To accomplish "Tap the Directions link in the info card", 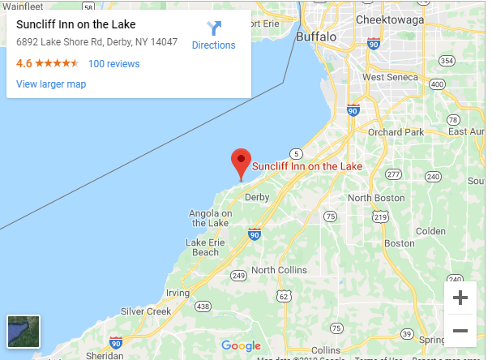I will [x=213, y=36].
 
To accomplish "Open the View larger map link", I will [x=51, y=84].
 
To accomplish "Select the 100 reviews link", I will [x=113, y=64].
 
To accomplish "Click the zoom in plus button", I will [x=460, y=298].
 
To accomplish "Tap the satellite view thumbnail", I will [x=23, y=331].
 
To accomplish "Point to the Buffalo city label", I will [x=315, y=37].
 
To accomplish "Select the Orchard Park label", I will [x=395, y=131].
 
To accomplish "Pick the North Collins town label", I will [x=279, y=270].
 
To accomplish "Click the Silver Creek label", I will [x=146, y=311].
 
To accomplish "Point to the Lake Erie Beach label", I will [x=203, y=247].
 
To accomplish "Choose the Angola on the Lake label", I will [x=210, y=218].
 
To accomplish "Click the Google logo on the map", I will [x=241, y=346].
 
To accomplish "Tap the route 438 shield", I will [x=203, y=306].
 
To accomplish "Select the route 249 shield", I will [x=237, y=276].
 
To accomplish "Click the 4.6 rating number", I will [x=24, y=63].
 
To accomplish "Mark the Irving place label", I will [x=178, y=293].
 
